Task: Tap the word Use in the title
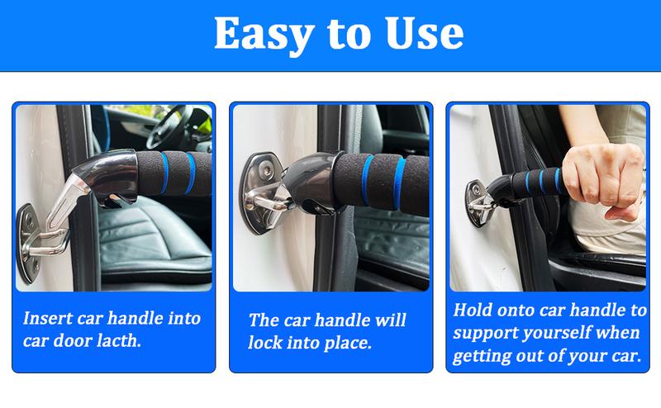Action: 417,35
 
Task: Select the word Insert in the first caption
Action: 51,318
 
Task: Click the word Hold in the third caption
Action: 473,311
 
